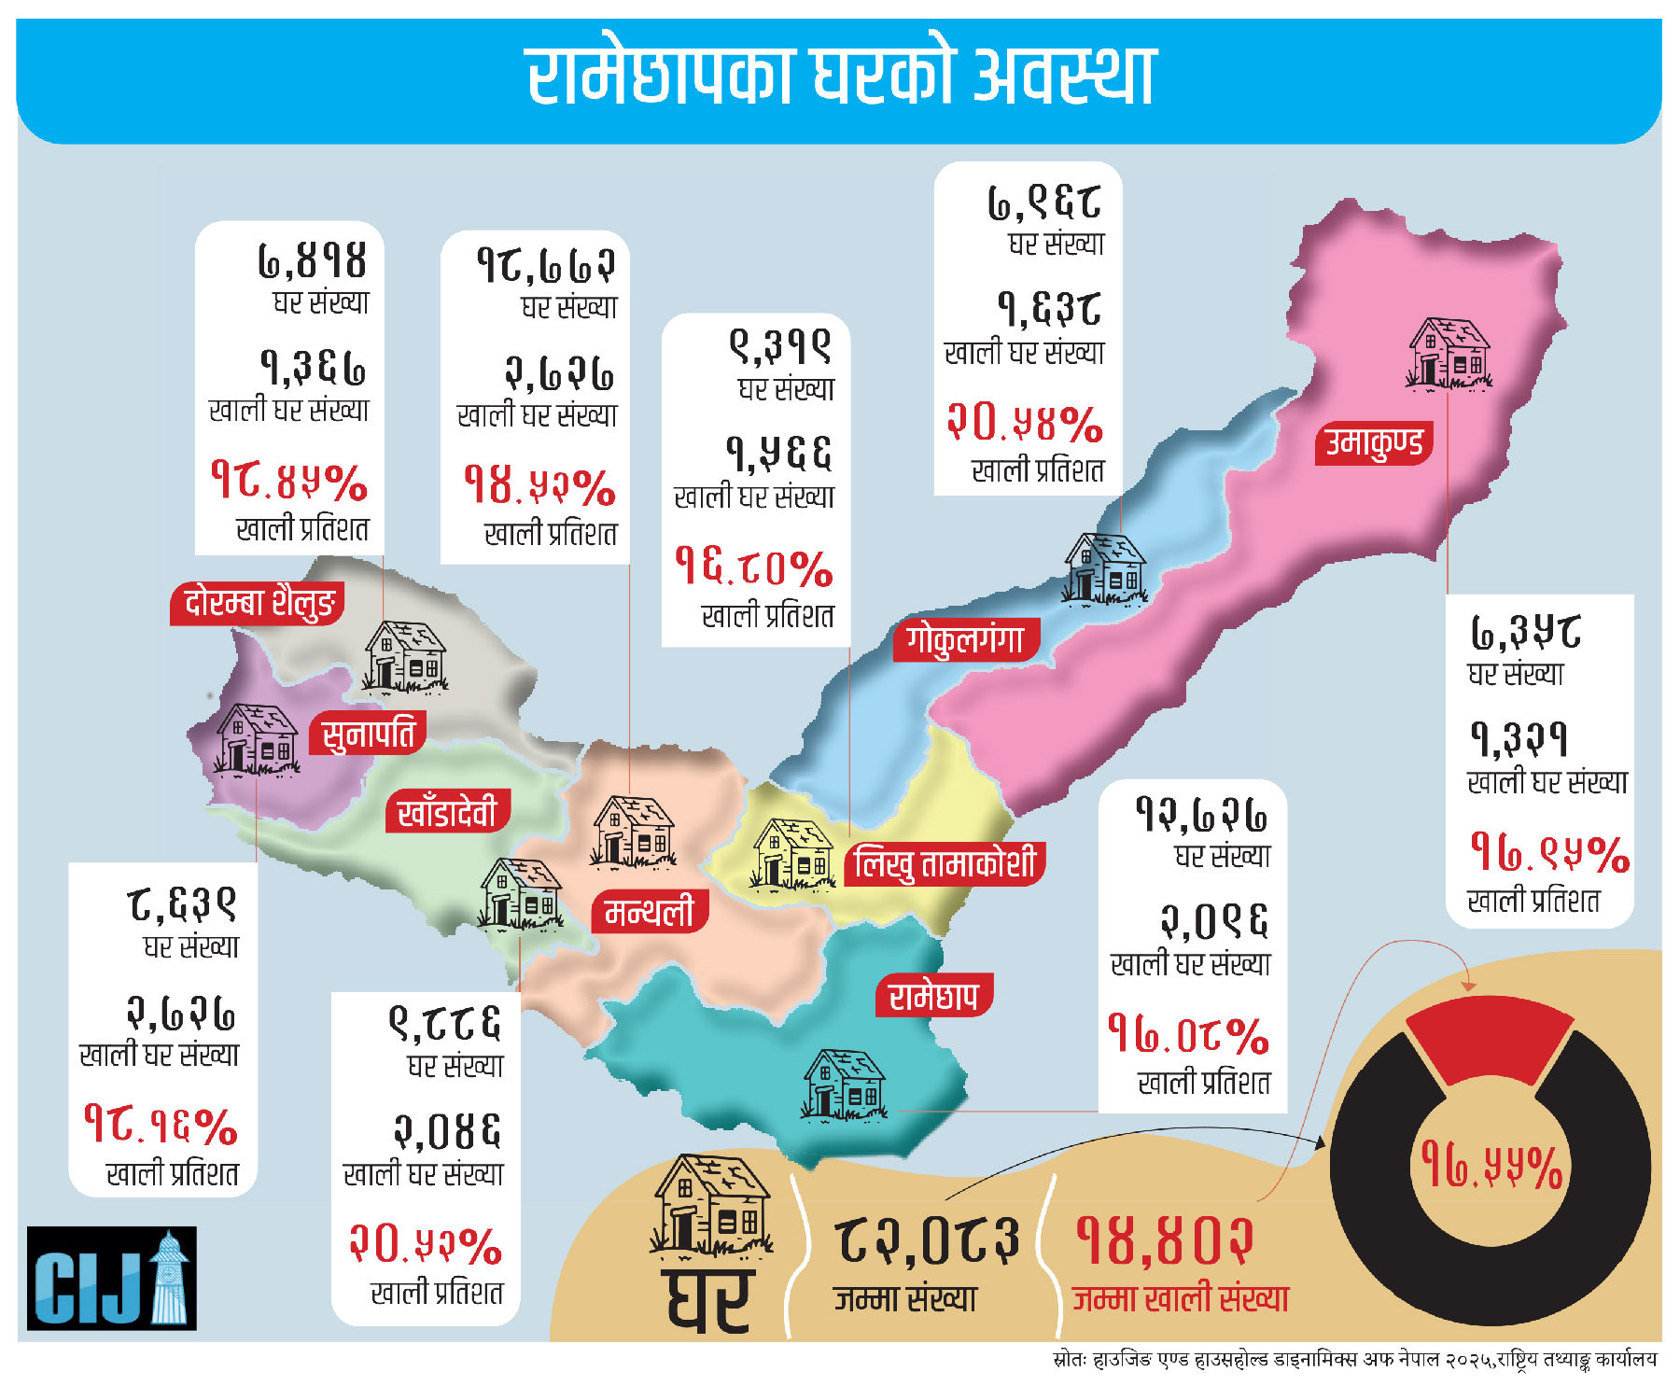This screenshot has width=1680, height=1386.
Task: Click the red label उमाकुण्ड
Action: pyautogui.click(x=1374, y=443)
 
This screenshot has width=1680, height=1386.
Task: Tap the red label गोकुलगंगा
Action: pyautogui.click(x=966, y=640)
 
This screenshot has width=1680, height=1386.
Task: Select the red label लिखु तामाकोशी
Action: pyautogui.click(x=945, y=863)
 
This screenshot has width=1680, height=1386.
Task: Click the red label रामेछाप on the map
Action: pyautogui.click(x=932, y=996)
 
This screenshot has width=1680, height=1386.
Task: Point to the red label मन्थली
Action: pyautogui.click(x=650, y=911)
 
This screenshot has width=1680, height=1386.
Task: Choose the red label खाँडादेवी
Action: pyautogui.click(x=447, y=812)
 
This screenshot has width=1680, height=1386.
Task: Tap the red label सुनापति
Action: pyautogui.click(x=368, y=735)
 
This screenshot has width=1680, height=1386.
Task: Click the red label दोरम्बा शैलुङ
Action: pyautogui.click(x=258, y=603)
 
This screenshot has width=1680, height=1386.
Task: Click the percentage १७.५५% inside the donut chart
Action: pyautogui.click(x=1491, y=1167)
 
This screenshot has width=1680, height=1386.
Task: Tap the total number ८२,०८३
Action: pyautogui.click(x=926, y=1239)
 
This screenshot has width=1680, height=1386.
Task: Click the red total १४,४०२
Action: pyautogui.click(x=1165, y=1239)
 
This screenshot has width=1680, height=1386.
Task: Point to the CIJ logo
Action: pyautogui.click(x=112, y=1278)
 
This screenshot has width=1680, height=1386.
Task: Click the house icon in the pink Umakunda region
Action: pyautogui.click(x=1449, y=353)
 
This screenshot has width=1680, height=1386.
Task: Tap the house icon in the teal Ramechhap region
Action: pyautogui.click(x=844, y=1085)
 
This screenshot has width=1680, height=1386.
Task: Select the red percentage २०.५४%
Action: pyautogui.click(x=1025, y=422)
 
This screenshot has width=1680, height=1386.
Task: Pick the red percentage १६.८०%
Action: pyautogui.click(x=753, y=567)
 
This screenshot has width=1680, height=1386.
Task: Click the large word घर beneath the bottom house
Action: pyautogui.click(x=709, y=1299)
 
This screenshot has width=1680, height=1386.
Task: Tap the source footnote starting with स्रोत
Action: pyautogui.click(x=1354, y=1360)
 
